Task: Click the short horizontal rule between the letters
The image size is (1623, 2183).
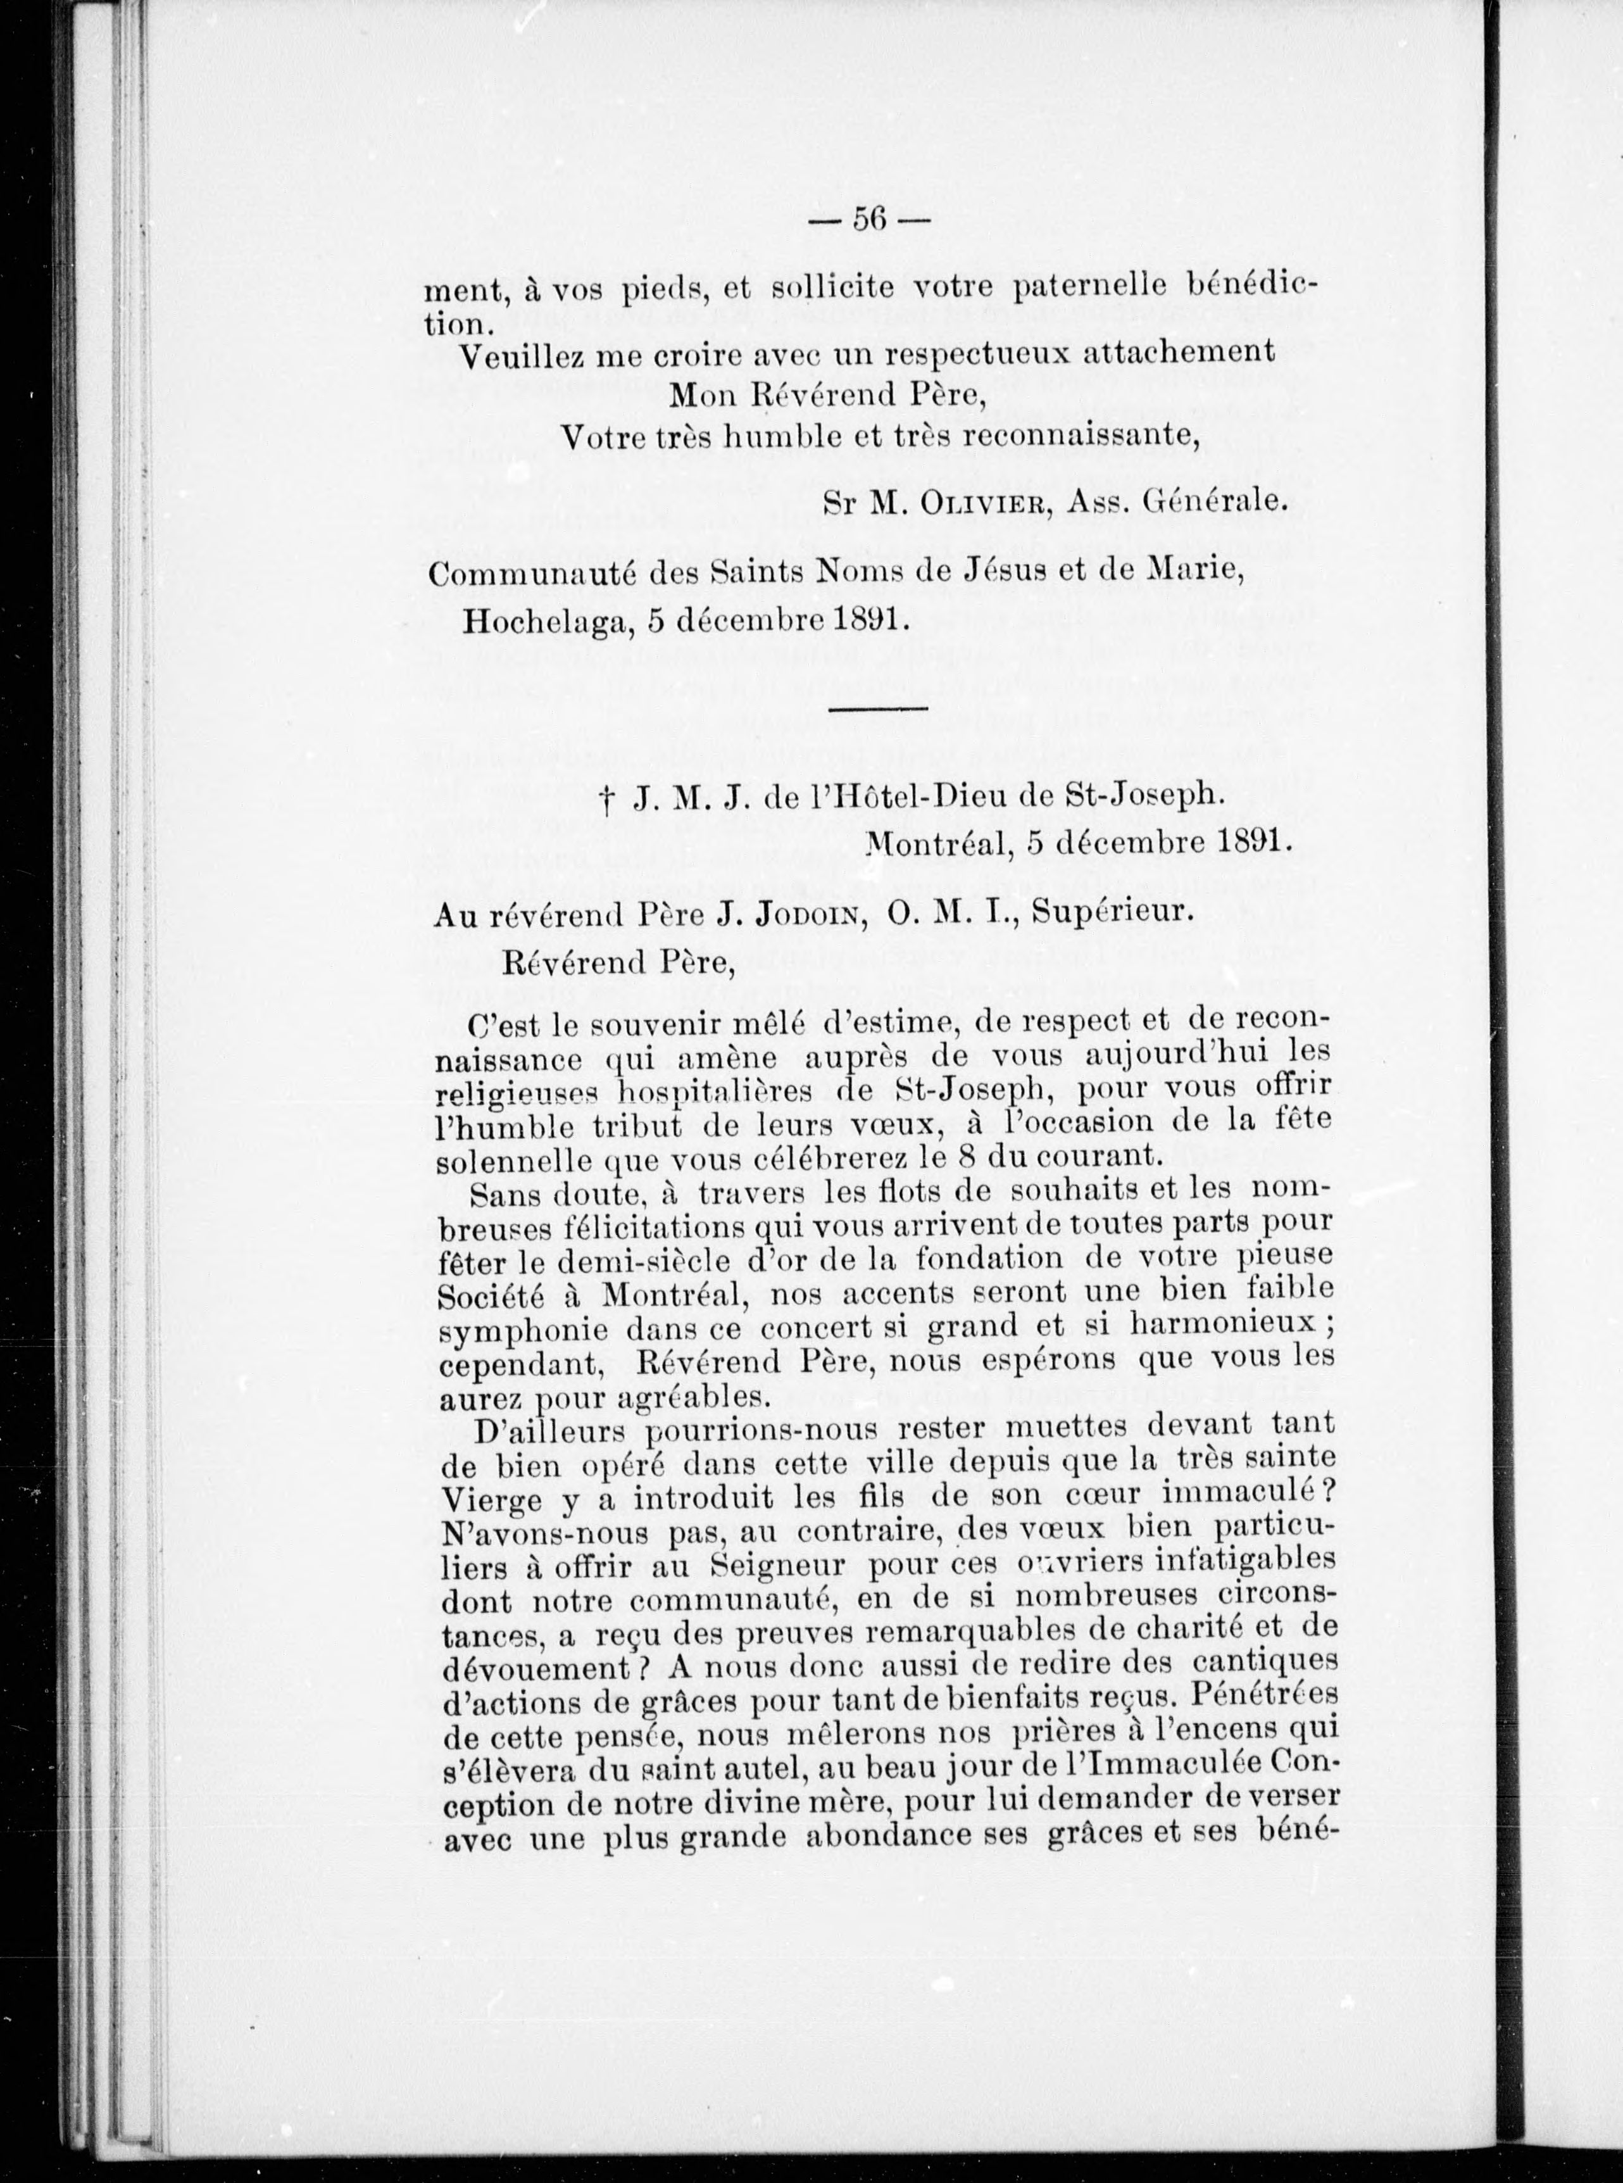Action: click(x=879, y=707)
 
